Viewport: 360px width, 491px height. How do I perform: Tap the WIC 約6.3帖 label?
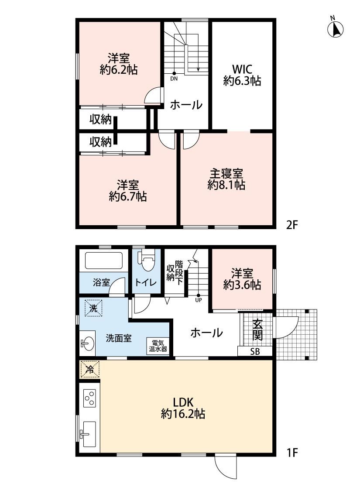[242, 75]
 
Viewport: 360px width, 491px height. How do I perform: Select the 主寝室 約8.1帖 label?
[226, 179]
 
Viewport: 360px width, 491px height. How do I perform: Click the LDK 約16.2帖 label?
[183, 408]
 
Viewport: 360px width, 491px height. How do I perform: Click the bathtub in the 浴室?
[103, 261]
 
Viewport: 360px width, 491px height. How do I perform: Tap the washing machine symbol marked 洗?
[93, 308]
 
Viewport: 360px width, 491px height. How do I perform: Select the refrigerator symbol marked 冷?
[90, 370]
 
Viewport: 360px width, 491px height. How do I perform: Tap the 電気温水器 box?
[158, 346]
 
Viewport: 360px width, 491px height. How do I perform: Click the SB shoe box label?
[255, 351]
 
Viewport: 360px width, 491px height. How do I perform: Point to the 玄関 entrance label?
[257, 330]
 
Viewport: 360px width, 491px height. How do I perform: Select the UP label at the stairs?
[199, 300]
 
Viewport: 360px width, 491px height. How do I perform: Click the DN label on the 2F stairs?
[174, 79]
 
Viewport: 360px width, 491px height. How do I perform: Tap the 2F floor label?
[291, 225]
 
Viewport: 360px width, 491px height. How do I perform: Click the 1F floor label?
[291, 453]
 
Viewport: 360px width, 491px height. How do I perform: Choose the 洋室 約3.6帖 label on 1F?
[242, 279]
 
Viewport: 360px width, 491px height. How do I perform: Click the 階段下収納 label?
[175, 272]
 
